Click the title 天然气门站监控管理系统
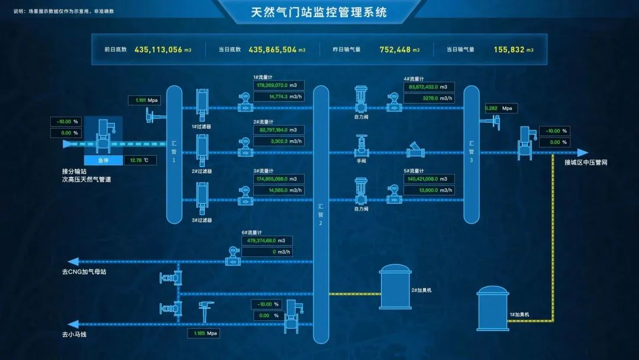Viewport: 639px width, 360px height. pyautogui.click(x=319, y=11)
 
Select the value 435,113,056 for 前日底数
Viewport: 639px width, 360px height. pyautogui.click(x=158, y=50)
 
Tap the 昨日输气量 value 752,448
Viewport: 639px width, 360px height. pyautogui.click(x=395, y=50)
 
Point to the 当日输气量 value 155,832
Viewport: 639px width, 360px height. pyautogui.click(x=509, y=50)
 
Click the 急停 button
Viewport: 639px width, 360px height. pyautogui.click(x=103, y=160)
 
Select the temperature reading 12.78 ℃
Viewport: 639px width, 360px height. pyautogui.click(x=141, y=160)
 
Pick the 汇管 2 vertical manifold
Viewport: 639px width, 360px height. pyautogui.click(x=321, y=213)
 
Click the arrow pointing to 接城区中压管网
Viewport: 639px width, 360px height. pyautogui.click(x=583, y=153)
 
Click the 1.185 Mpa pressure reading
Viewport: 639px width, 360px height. pyautogui.click(x=204, y=333)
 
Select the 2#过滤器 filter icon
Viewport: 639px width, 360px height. pyautogui.click(x=202, y=150)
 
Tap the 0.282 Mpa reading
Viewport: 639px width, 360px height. pyautogui.click(x=501, y=108)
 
